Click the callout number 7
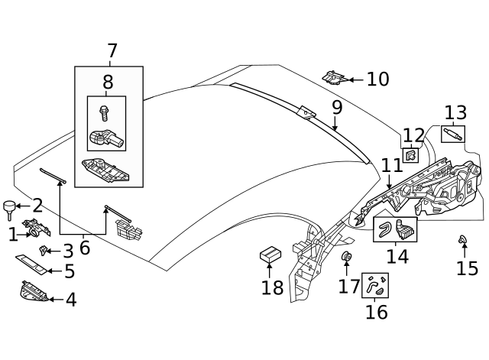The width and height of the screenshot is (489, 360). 112,52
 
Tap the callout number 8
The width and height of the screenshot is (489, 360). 108,83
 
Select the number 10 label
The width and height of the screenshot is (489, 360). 377,79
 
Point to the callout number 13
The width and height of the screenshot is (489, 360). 455,113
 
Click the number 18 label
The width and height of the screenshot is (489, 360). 272,288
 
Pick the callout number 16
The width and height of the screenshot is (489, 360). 376,312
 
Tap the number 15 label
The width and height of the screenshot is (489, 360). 467,268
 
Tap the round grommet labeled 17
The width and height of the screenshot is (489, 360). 345,257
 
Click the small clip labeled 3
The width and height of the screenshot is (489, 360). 44,250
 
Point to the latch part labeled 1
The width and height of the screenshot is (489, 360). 37,227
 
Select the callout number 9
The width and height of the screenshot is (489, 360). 336,108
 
